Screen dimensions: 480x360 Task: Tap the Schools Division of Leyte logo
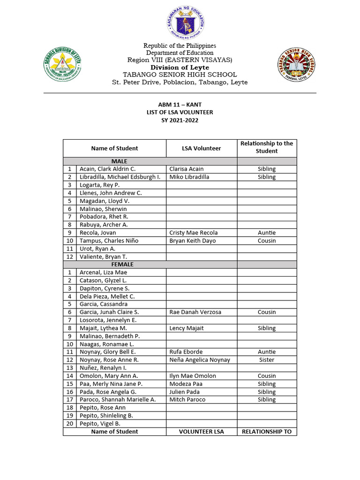[63, 65]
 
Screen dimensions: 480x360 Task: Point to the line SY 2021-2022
[180, 120]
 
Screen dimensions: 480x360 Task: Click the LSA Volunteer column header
[201, 148]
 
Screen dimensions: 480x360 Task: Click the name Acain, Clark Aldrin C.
[107, 169]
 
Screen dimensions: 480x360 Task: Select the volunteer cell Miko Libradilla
[189, 177]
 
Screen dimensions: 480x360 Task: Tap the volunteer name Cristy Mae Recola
[193, 232]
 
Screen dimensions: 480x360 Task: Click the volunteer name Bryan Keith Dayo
[192, 240]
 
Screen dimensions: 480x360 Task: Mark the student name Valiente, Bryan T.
[103, 256]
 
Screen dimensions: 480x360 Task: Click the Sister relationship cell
[266, 360]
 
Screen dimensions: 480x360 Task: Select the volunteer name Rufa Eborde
[186, 352]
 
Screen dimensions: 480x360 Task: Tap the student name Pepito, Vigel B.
[100, 423]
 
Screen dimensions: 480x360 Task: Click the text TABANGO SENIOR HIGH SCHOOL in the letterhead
[180, 75]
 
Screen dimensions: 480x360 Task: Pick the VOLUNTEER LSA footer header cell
[201, 431]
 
